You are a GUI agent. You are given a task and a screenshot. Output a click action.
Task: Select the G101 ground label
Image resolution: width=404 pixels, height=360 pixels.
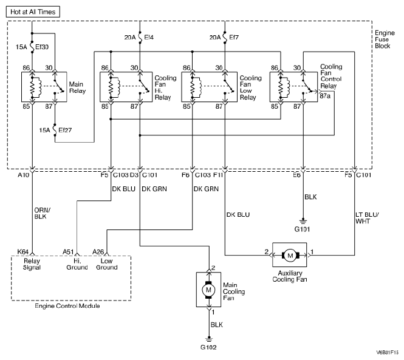pyautogui.click(x=303, y=229)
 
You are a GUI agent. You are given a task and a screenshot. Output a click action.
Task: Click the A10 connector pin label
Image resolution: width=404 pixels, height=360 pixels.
pyautogui.click(x=24, y=175)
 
